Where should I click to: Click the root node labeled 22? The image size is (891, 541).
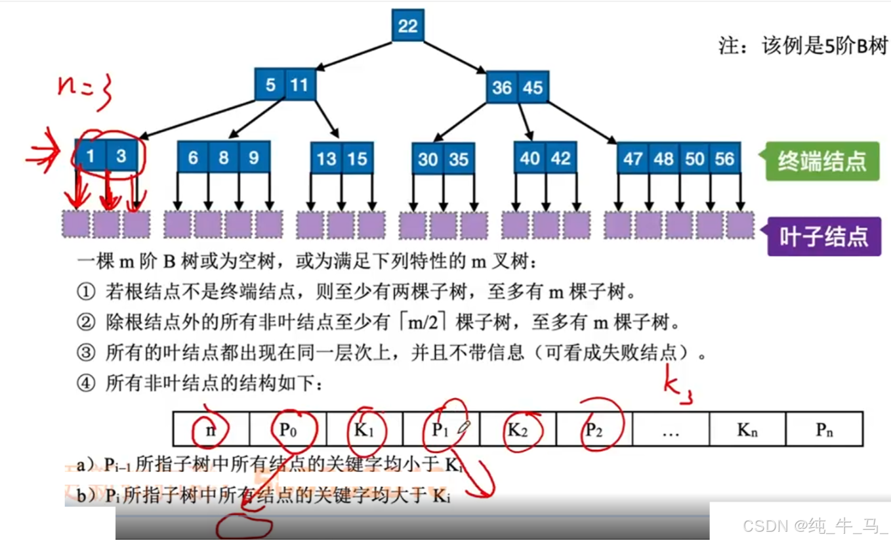coord(407,26)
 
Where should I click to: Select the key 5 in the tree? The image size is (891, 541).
coord(270,85)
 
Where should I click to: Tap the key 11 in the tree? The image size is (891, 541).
coord(299,85)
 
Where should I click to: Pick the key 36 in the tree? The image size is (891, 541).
coord(502,87)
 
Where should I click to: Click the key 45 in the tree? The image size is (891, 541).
coord(533,87)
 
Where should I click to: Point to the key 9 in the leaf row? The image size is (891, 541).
coord(254,158)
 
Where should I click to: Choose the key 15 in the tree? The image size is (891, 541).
coord(357,159)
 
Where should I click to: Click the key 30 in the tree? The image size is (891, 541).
coord(428,160)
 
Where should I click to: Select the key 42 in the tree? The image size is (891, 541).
coord(560,158)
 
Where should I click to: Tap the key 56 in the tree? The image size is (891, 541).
coord(724,159)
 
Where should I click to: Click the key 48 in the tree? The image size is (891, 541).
coord(663,159)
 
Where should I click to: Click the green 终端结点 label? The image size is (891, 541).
coord(821,161)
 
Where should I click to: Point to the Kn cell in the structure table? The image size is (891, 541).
coord(747,429)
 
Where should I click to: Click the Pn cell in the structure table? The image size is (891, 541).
coord(824,429)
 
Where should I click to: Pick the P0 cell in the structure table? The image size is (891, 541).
coord(287,429)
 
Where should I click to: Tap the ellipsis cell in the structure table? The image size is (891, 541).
coord(671,429)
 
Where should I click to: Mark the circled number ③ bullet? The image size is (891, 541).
coord(86,353)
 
